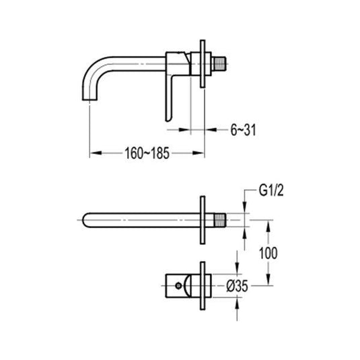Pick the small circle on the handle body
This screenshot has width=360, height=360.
click(180, 285)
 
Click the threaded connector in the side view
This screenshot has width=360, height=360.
click(219, 59)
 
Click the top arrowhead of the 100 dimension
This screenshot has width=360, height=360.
click(269, 223)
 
